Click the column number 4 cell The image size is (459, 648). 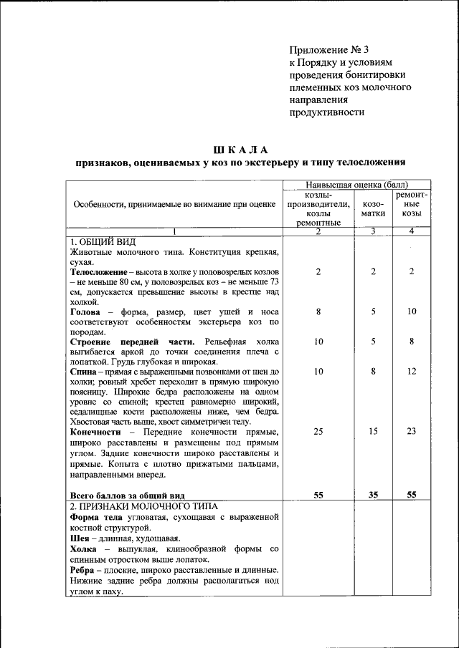point(412,231)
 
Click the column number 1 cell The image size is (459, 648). point(174,231)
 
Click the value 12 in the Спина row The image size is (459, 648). point(412,372)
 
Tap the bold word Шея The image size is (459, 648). point(80,538)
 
